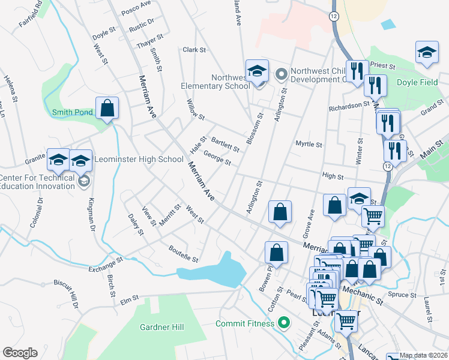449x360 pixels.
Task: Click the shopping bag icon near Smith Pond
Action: pos(107,109)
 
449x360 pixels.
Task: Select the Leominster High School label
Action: pos(145,159)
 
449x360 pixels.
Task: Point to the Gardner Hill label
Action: pos(161,327)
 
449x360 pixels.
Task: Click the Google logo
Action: pos(20,353)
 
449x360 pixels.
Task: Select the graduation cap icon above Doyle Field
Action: pos(426,52)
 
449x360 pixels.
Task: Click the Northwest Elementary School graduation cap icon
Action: pos(256,71)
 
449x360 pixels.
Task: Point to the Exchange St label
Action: pos(106,263)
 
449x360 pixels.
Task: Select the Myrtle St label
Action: pos(309,145)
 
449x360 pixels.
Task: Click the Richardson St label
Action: pos(349,106)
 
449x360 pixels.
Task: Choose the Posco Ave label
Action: pos(136,7)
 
